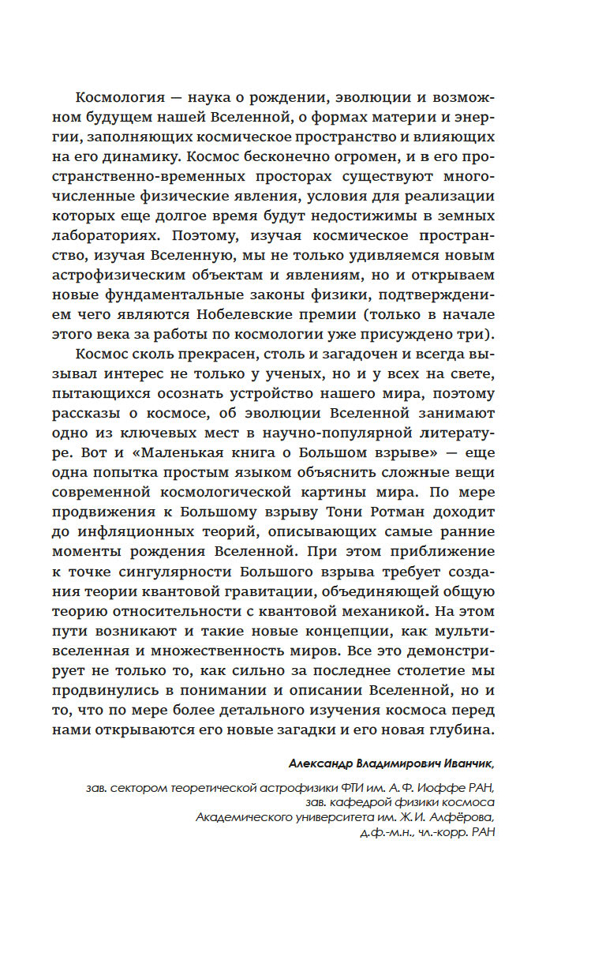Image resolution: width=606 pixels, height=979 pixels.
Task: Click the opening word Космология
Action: (117, 96)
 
